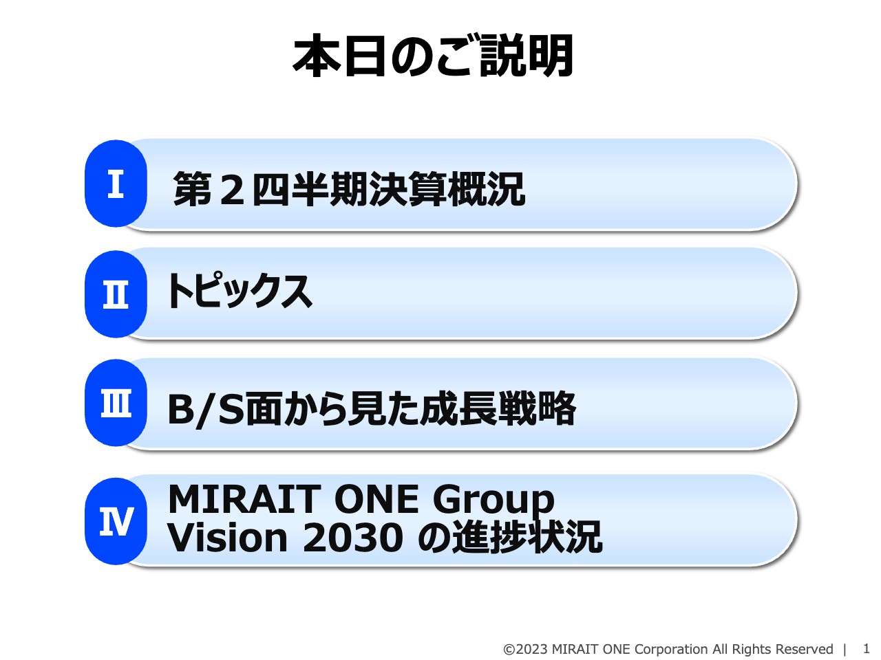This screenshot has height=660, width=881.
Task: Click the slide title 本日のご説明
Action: click(433, 56)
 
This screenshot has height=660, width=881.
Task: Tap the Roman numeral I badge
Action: click(116, 184)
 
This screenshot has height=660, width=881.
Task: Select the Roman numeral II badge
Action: click(116, 294)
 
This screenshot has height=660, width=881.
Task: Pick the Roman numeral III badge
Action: click(116, 404)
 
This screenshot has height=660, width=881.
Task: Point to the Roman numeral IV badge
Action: click(116, 521)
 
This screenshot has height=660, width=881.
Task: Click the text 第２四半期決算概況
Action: click(349, 189)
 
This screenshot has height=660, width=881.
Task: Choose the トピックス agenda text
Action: click(238, 291)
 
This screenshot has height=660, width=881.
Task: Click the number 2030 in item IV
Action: click(352, 538)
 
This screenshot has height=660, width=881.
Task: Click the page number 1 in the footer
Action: click(867, 648)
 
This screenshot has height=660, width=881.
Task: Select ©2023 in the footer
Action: click(526, 649)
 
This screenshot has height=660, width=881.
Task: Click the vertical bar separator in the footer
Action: click(845, 649)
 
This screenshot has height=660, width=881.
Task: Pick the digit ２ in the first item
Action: click(232, 190)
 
